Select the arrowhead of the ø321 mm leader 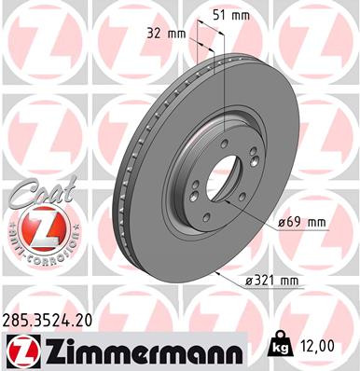pyautogui.click(x=214, y=274)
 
